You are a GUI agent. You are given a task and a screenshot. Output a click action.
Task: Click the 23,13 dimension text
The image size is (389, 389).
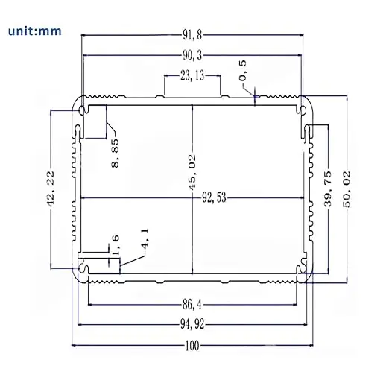192,75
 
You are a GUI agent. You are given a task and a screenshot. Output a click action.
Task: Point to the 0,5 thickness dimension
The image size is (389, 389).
243,75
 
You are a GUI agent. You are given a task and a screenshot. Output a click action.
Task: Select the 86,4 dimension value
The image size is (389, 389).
192,305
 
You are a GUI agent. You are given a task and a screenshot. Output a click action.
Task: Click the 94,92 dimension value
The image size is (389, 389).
192,325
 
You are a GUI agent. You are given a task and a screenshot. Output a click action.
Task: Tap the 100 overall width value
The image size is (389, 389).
192,346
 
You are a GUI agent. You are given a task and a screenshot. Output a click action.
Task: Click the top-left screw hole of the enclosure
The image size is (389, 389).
80,111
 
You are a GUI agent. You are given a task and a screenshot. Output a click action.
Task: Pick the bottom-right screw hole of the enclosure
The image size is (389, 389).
303,271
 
